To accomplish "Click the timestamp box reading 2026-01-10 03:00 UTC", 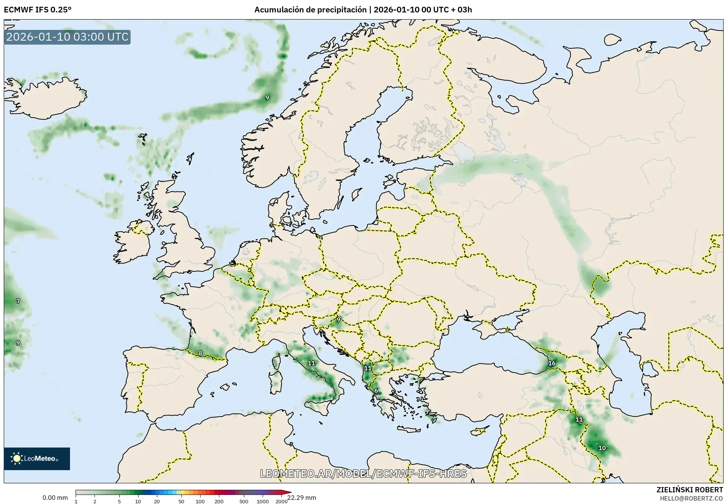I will (67, 37).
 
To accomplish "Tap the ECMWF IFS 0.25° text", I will (37, 10).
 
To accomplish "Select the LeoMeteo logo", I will (37, 458).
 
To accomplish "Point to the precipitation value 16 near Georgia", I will (552, 363).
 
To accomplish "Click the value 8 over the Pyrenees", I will (200, 353).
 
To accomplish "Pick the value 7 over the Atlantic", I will (18, 301).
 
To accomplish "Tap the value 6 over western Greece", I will (376, 391).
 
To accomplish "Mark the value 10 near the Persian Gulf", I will (602, 448).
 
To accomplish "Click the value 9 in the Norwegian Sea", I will (267, 98).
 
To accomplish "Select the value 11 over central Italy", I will (311, 363).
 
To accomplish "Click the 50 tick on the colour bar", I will (181, 501).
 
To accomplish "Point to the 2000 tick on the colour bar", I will (281, 501).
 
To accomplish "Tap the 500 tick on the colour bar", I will (244, 501).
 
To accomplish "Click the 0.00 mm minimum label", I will (55, 498).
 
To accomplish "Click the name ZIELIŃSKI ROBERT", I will (689, 490).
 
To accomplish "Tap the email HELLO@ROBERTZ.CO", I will (691, 498).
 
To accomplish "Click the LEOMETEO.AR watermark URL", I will (363, 474).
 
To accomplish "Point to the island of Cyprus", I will (479, 431).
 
